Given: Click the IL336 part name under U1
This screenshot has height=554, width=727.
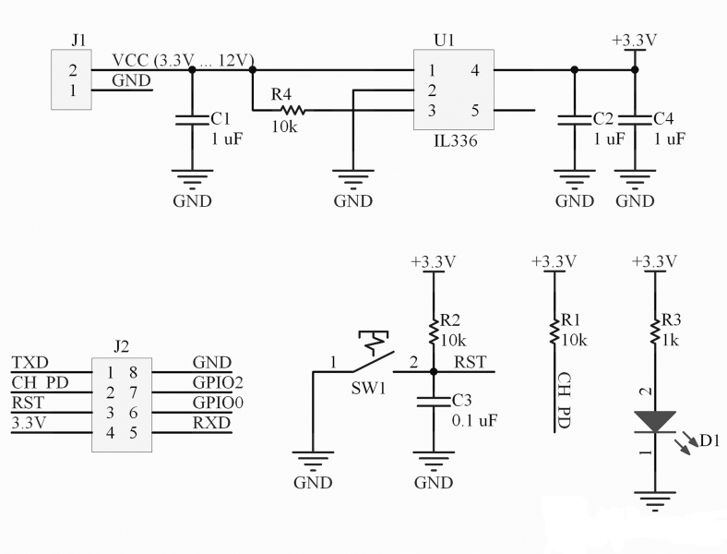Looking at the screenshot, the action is coord(456,140).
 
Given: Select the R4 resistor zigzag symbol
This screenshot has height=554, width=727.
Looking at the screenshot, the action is coord(292,110).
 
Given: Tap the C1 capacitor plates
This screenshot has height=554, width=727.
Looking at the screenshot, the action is coord(193,120).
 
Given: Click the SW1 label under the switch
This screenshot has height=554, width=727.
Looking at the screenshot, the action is coord(368,388).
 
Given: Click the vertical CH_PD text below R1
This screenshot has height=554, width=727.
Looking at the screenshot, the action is coord(564,401).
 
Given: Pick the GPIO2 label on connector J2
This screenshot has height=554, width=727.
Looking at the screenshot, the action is coord(218,382).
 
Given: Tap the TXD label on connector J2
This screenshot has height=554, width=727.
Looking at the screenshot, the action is coord(30,362).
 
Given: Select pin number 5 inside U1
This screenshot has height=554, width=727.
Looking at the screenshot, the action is coord(475,111).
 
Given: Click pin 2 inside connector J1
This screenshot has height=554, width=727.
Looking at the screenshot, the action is coord(73,70).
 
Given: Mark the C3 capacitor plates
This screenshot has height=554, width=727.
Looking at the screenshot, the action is coord(434,402).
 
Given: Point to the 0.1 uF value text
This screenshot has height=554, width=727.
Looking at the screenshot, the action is coord(474,420).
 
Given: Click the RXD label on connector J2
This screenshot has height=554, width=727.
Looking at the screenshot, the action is coord(212,423).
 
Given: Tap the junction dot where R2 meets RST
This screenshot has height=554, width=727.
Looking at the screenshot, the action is coord(434,372).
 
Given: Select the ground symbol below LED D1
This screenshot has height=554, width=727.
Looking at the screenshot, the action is coord(655,501).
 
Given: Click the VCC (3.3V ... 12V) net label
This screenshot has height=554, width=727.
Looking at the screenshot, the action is coord(183,60).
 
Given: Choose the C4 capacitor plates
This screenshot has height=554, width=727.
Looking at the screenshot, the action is coord(635,120).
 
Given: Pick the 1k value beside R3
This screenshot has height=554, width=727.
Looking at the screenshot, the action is coord(670,340).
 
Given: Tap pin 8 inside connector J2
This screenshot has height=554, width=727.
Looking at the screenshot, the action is coord(133,372).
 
